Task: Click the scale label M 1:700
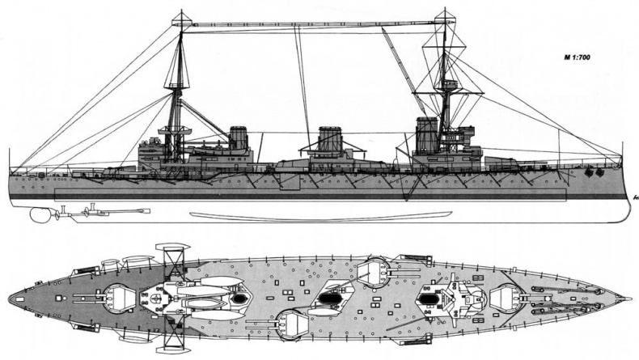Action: [x=577, y=57]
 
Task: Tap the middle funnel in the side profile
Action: [x=330, y=138]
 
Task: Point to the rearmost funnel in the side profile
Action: [x=239, y=138]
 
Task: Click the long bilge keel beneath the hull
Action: [x=321, y=215]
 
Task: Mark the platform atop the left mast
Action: [x=181, y=19]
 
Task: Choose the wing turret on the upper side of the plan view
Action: [x=373, y=272]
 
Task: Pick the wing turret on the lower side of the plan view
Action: [x=290, y=325]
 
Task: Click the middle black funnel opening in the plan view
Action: [x=328, y=299]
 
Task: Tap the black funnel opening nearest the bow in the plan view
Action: [x=427, y=299]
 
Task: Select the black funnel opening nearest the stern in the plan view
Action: [x=239, y=299]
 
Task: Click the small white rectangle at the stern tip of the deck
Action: [x=19, y=299]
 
